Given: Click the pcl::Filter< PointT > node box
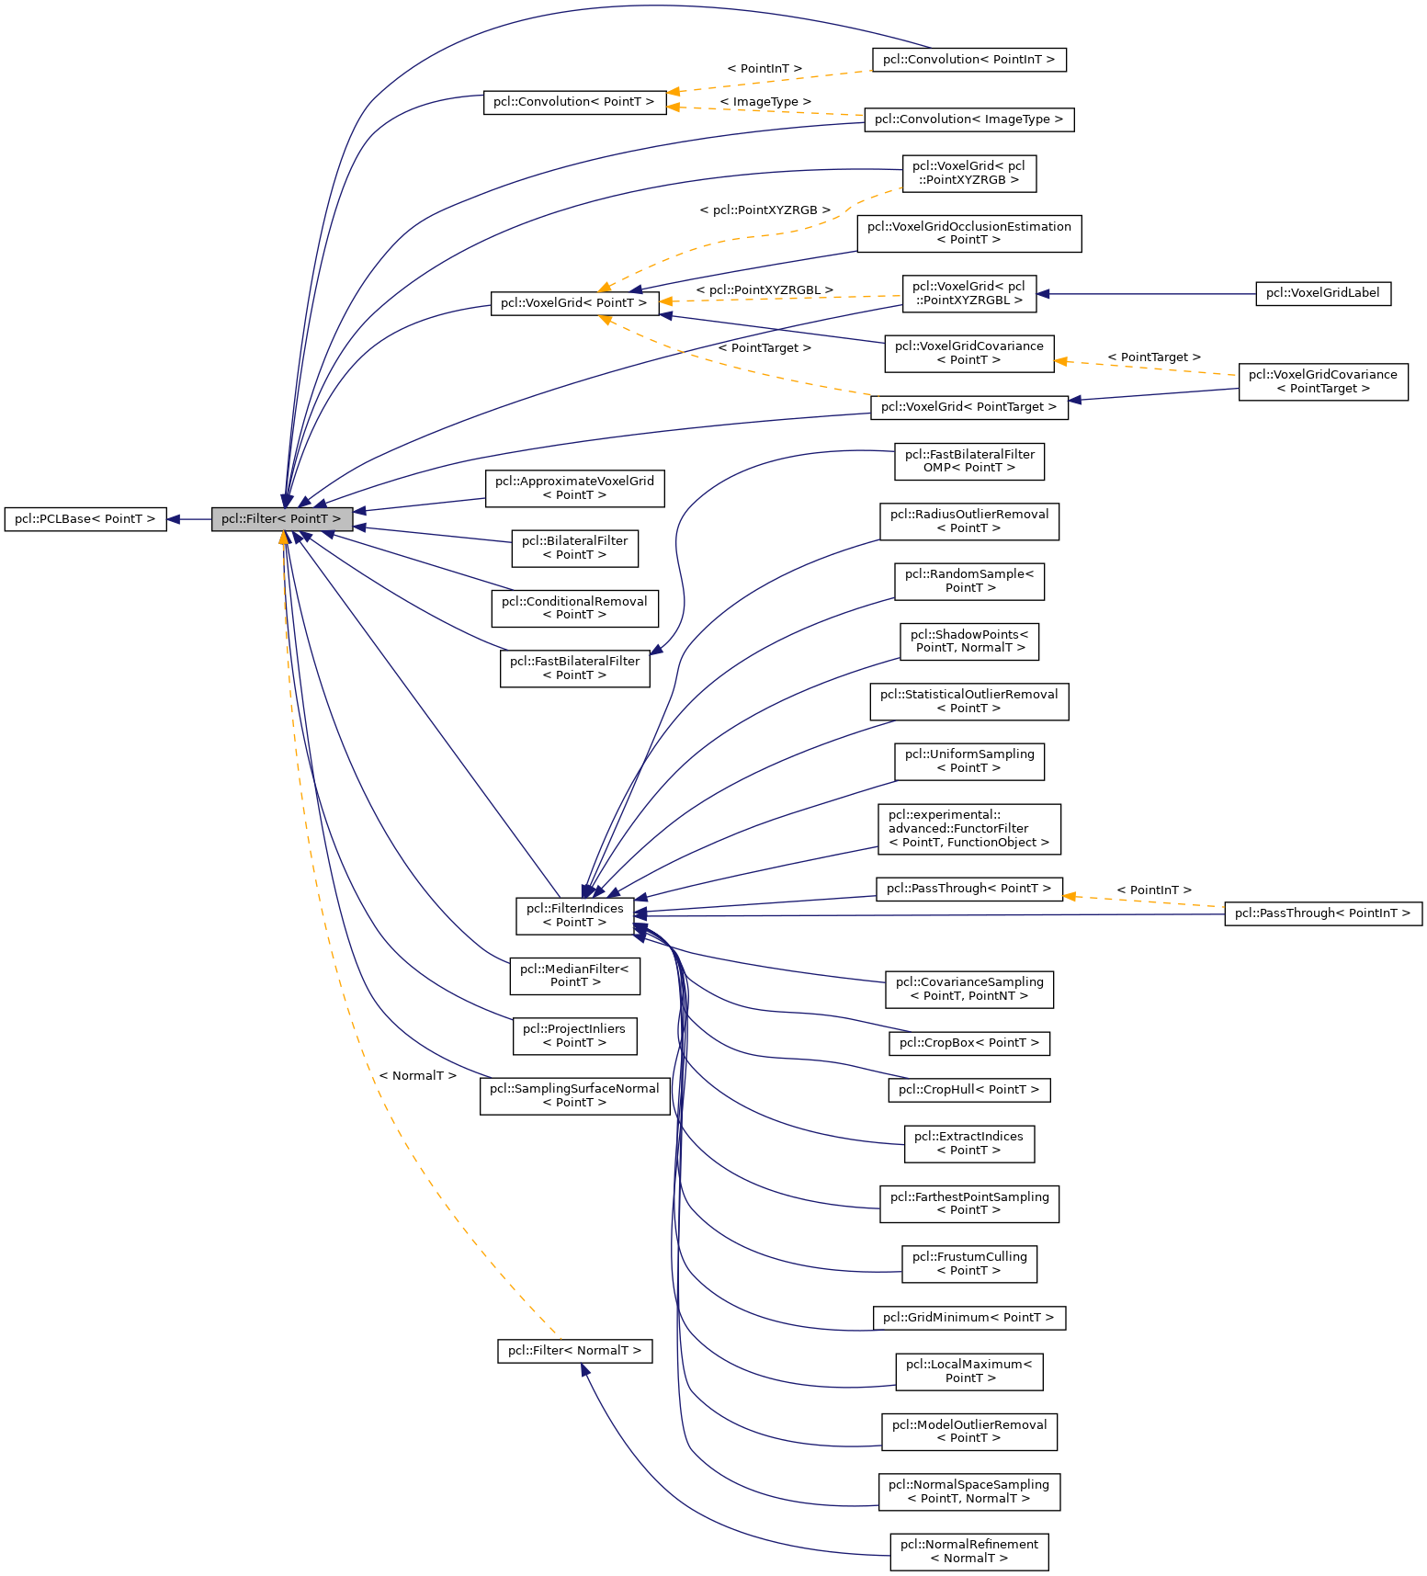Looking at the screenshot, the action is [x=281, y=519].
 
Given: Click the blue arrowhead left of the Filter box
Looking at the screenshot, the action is [x=172, y=519].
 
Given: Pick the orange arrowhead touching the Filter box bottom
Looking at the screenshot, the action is [x=283, y=539].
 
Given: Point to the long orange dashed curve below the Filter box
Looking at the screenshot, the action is [x=368, y=1057].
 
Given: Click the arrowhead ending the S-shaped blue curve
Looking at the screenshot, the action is [x=655, y=651].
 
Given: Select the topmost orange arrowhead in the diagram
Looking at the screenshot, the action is [x=673, y=92].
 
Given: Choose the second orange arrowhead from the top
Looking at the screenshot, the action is [x=673, y=108].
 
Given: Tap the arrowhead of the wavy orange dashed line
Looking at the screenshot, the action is [x=604, y=288].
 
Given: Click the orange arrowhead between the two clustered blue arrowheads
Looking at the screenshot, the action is [x=664, y=301].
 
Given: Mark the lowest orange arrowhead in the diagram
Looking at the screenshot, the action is [x=1068, y=896].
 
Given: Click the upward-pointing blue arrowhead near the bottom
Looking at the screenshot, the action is [x=584, y=1369].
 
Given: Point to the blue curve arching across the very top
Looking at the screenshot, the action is [x=643, y=7].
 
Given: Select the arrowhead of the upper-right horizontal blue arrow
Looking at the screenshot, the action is [x=1042, y=294].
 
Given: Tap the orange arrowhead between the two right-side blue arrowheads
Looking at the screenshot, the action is [x=1059, y=362].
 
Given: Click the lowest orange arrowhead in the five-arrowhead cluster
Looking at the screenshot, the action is [x=605, y=320].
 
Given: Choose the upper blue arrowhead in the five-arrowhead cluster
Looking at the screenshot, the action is [x=635, y=290].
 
